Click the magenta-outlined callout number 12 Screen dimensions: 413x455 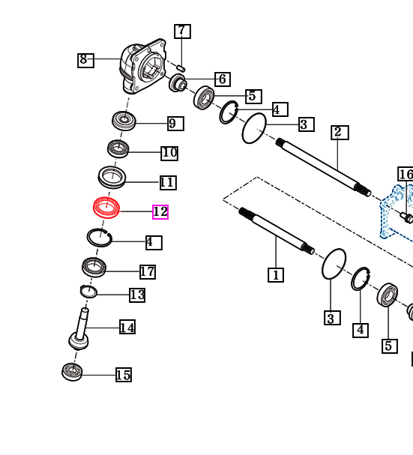click(160, 212)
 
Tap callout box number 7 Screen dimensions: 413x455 click(182, 31)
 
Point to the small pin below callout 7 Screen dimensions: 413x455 click(181, 68)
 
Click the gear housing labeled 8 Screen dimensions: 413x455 click(143, 66)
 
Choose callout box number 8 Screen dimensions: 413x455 click(85, 61)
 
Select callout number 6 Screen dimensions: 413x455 click(223, 79)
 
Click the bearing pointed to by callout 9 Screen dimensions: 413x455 click(124, 121)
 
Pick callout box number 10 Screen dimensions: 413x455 click(169, 153)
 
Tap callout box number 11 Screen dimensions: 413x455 click(168, 182)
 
